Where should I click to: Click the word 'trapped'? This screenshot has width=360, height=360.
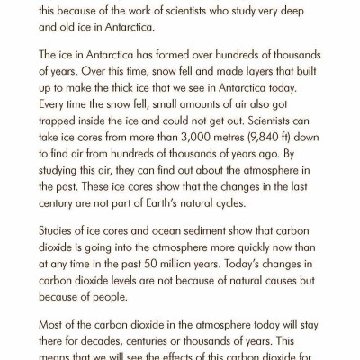point(56,129)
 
